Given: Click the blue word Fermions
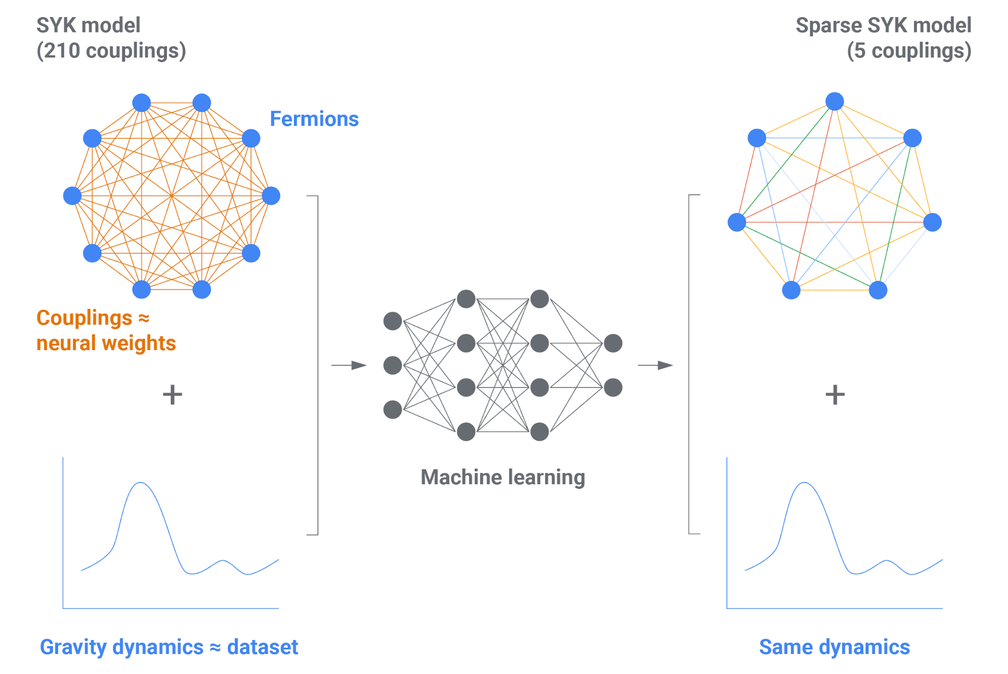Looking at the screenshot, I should (314, 119).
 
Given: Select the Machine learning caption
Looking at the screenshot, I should (503, 477).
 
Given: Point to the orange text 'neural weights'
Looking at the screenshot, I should (106, 343).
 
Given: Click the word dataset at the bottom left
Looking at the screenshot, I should (262, 647).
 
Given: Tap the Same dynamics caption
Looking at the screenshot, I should (835, 647).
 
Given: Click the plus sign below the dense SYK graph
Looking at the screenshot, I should (172, 395).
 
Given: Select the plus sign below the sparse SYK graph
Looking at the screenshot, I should (835, 395).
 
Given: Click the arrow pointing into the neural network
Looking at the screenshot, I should (349, 365).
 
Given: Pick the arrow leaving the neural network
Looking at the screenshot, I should (656, 365).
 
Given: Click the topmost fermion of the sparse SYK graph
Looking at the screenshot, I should (835, 101).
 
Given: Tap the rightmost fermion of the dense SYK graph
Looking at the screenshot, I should (271, 196).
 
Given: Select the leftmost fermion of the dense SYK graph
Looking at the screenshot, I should (72, 196).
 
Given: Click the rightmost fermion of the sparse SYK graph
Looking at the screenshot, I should (932, 222).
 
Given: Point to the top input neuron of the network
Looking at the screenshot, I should (392, 321).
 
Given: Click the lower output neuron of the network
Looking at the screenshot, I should (613, 387).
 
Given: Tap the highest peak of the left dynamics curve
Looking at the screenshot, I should (141, 483).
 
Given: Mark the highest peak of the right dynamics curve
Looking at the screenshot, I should (804, 483).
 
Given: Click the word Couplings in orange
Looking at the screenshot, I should (84, 318).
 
